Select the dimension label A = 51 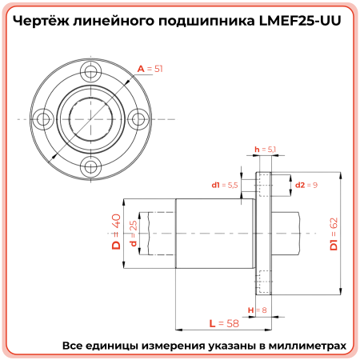point(150,70)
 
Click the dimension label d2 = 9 point(307,185)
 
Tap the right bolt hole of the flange point(138,118)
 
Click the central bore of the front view point(91,118)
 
